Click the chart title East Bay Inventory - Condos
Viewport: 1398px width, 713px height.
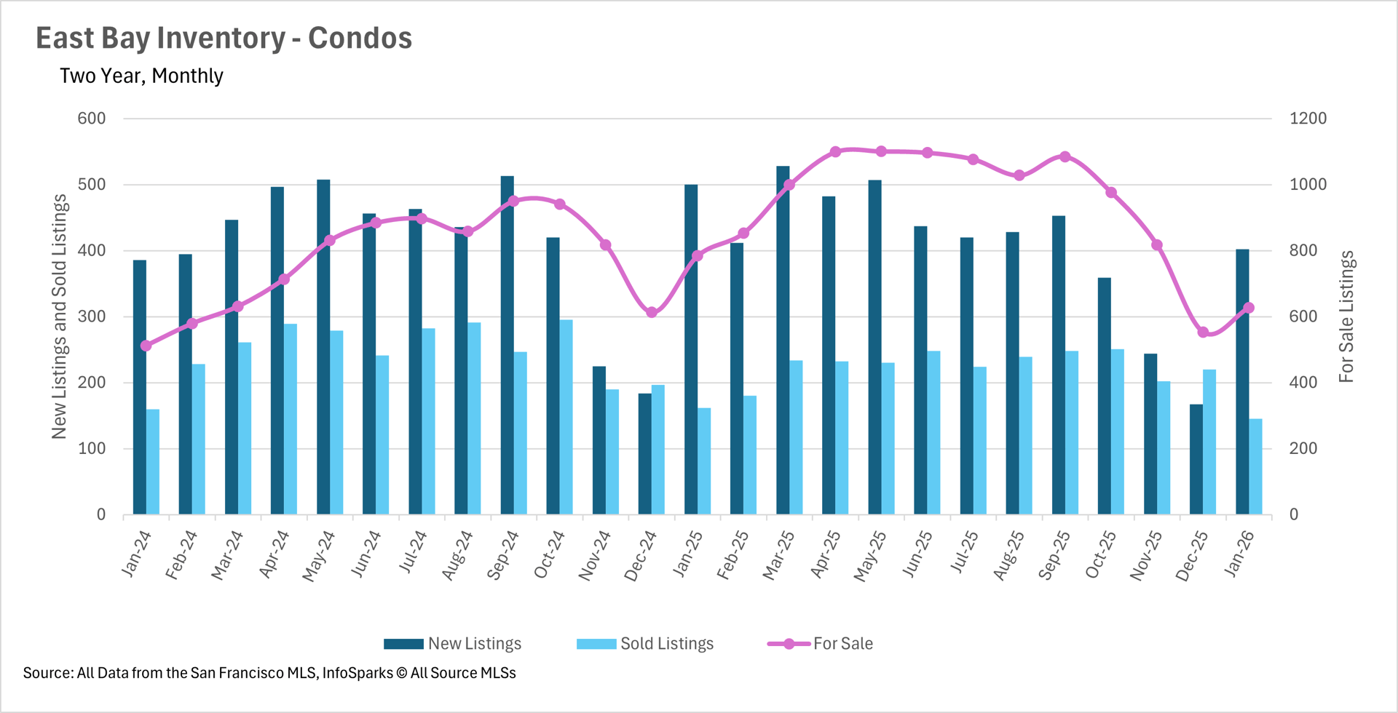224,39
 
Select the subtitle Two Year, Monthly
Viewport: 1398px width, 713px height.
141,76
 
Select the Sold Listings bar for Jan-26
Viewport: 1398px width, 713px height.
1256,466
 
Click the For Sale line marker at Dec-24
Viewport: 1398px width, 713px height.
652,312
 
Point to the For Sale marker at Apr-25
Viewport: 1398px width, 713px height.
835,152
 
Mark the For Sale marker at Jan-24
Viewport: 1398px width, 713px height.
146,346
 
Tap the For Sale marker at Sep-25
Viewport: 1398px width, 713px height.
1065,156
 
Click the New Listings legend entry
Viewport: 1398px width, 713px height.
453,644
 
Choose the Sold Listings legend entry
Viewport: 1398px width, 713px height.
645,644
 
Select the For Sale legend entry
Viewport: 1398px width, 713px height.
821,644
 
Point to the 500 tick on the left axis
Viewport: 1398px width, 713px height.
92,185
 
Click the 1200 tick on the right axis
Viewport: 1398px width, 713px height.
1308,119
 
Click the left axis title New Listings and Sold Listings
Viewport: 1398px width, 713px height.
59,316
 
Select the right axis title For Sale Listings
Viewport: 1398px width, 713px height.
1346,316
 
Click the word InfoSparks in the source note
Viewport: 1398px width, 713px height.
357,673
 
